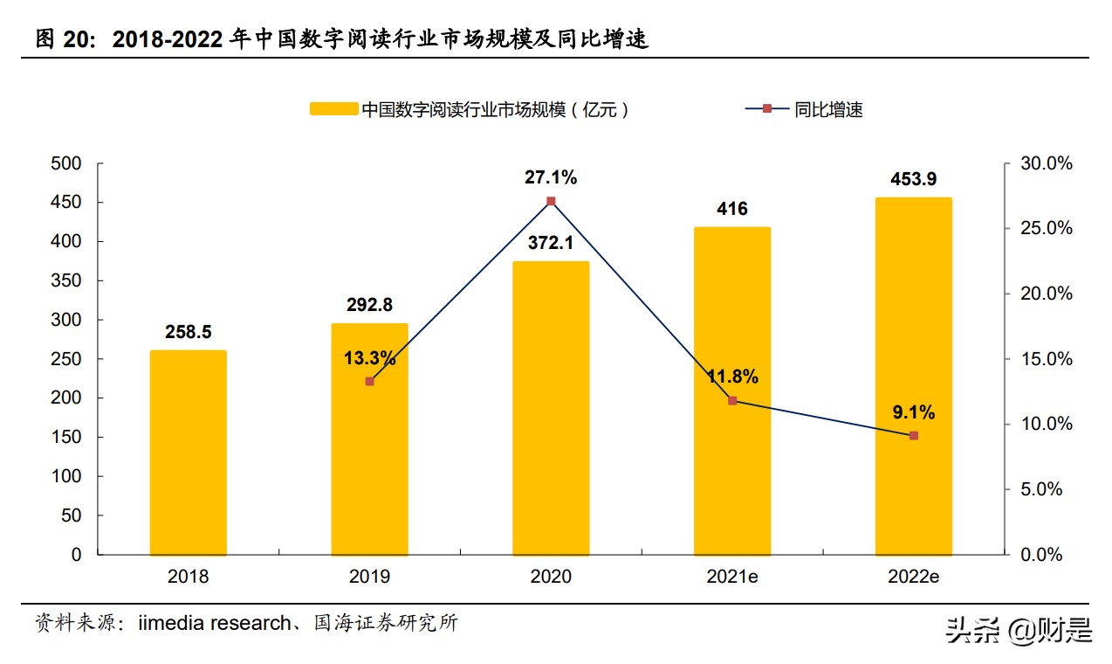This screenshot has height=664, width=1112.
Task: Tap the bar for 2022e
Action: coord(913,376)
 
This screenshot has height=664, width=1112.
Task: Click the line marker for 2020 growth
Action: coord(551,201)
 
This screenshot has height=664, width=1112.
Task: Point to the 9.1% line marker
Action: coord(913,435)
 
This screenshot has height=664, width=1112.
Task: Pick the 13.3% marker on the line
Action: coord(369,381)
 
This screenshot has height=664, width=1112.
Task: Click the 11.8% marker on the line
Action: coord(732,400)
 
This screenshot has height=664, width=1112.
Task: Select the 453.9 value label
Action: coord(913,179)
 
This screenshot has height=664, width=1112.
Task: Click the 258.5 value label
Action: coord(188,332)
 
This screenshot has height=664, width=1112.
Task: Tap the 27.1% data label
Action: coord(551,177)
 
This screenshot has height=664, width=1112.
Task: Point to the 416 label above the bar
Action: coord(732,209)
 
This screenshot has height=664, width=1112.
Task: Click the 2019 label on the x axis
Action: coord(369,578)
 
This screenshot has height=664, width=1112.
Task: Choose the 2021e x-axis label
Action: coord(732,578)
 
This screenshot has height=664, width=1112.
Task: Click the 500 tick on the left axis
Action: coord(66,163)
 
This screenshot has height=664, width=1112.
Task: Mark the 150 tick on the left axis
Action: coord(66,437)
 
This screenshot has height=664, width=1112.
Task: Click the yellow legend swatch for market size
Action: coord(333,109)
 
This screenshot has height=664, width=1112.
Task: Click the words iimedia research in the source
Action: coord(214,624)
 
